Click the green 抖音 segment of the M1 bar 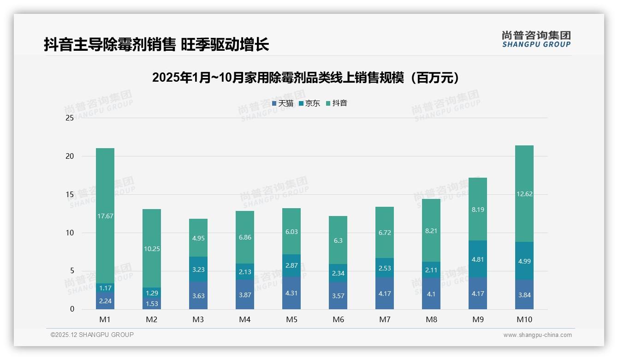105,216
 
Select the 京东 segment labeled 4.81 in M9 478,259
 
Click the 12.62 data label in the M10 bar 524,194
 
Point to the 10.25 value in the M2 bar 152,248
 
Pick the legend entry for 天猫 282,103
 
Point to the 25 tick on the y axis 70,118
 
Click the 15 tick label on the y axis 70,194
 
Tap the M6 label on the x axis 338,319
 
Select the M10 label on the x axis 524,319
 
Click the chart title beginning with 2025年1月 306,78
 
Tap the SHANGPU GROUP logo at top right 536,39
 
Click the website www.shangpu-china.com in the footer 537,335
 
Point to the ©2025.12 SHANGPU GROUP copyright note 92,335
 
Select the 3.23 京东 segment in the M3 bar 198,269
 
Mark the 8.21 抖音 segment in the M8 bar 431,230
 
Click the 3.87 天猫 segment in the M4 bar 245,294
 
